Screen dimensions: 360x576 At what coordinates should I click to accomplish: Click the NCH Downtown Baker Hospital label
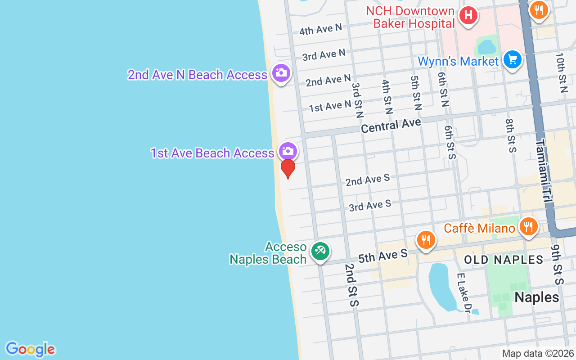409,17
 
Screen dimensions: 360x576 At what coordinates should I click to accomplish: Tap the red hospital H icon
468,16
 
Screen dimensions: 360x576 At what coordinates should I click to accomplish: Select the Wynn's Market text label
458,61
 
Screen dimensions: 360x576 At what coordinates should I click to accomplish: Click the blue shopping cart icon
512,59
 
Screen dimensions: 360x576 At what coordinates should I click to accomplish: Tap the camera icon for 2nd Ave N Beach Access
281,72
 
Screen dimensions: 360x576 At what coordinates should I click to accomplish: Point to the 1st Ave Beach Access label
212,153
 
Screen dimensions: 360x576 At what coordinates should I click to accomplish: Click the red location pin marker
288,168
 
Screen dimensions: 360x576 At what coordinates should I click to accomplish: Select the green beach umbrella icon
320,251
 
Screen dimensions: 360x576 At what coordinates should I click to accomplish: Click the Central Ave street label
391,125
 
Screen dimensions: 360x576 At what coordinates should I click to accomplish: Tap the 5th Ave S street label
383,256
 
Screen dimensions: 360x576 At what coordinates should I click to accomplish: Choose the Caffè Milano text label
479,228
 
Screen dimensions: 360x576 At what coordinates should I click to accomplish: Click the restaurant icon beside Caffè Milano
529,226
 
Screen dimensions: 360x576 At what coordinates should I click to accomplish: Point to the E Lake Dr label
463,293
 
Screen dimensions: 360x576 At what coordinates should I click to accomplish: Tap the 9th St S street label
557,264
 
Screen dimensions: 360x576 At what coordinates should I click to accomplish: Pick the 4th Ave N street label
321,30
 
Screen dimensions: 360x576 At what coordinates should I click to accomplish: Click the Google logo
30,349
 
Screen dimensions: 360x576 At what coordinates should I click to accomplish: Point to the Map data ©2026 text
538,353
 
